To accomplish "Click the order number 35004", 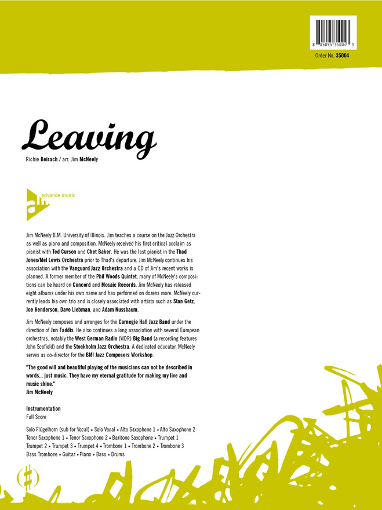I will (x=342, y=56).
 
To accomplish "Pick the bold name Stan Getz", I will (x=184, y=301).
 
